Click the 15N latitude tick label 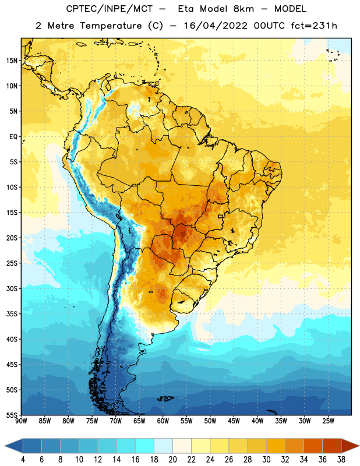12,61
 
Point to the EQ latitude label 13,137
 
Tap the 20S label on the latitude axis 12,238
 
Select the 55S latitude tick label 12,415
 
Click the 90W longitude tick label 22,421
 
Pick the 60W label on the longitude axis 163,421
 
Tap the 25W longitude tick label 328,421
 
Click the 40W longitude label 257,421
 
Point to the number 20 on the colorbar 172,460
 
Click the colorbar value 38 341,460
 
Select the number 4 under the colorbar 23,460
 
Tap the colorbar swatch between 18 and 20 164,446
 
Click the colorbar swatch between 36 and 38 332,446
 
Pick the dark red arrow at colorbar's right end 350,446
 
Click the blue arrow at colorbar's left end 13,446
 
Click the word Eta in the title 186,9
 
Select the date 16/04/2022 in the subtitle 216,26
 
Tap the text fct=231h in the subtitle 314,26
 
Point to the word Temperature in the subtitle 111,26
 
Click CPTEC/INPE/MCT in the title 110,9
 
